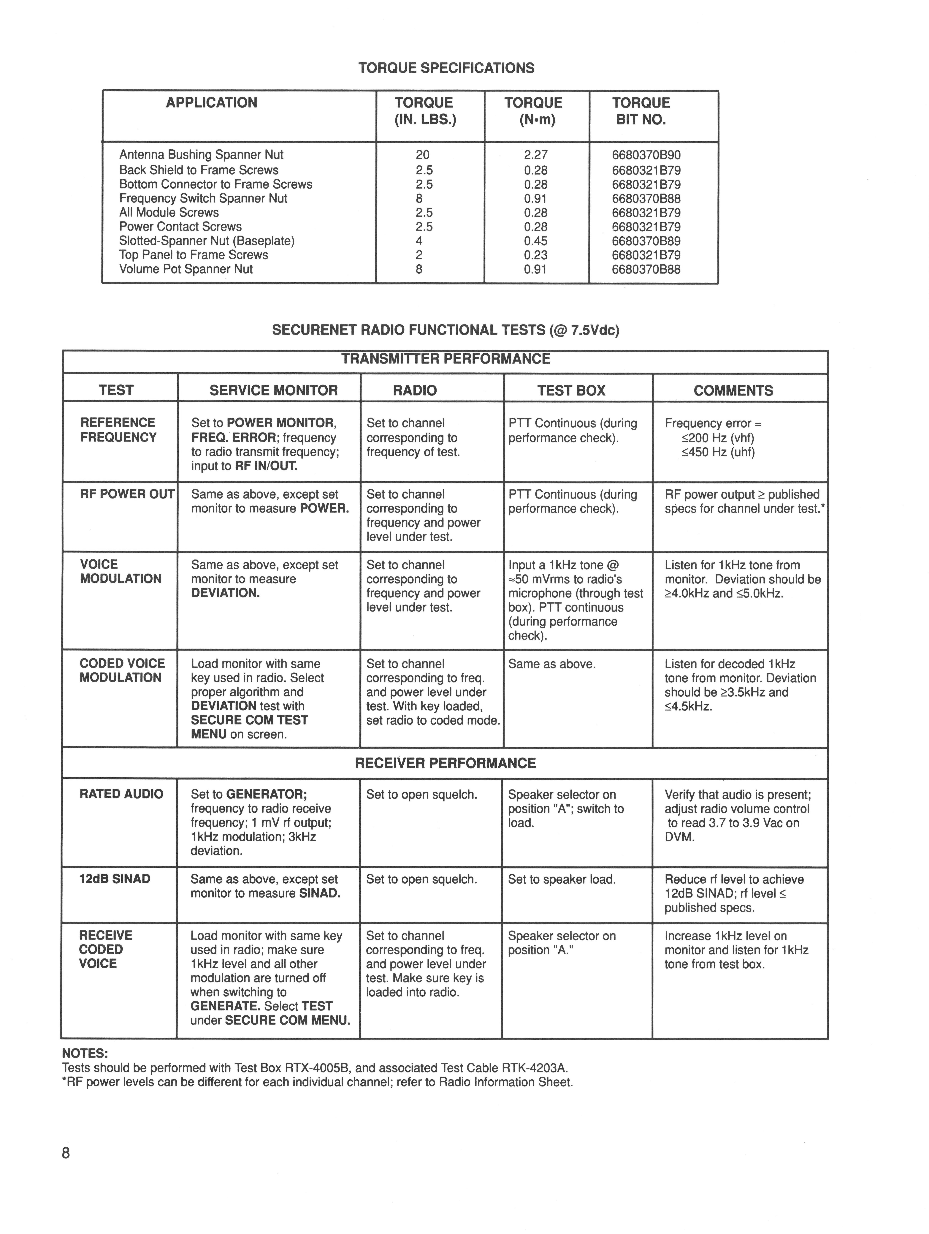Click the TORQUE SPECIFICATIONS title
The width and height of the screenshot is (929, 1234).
pyautogui.click(x=446, y=68)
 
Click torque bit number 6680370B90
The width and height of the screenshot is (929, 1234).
pyautogui.click(x=646, y=155)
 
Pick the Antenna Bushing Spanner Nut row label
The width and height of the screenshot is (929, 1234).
pyautogui.click(x=201, y=155)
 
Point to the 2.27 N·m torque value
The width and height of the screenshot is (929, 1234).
pyautogui.click(x=535, y=155)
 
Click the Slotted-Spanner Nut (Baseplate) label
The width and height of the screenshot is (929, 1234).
pyautogui.click(x=207, y=241)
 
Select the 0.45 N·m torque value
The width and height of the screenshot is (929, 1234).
pyautogui.click(x=535, y=241)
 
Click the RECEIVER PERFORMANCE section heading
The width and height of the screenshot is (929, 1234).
pyautogui.click(x=446, y=763)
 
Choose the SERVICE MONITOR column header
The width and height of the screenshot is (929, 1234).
pyautogui.click(x=274, y=390)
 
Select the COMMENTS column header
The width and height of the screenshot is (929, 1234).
pyautogui.click(x=733, y=390)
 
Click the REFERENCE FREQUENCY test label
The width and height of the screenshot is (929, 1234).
pyautogui.click(x=118, y=430)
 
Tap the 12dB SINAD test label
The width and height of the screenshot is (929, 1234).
pyautogui.click(x=115, y=879)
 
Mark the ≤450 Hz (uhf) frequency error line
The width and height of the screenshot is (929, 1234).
pyautogui.click(x=718, y=452)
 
